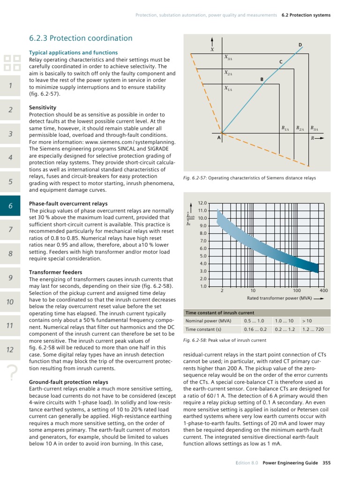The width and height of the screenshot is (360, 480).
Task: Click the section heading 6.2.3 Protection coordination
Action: click(x=81, y=38)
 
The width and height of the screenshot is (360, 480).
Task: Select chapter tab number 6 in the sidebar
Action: click(x=10, y=205)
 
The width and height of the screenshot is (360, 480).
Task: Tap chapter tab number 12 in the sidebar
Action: click(x=10, y=350)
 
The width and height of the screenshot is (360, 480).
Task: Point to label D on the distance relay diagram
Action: click(x=300, y=45)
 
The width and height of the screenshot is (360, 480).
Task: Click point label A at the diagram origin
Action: click(x=218, y=138)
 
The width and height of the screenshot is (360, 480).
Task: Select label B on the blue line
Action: click(x=262, y=80)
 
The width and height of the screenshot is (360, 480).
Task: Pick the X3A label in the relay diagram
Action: click(x=228, y=58)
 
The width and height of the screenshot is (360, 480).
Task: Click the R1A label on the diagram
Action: click(x=285, y=127)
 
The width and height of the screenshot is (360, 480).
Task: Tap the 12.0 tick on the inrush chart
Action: click(x=202, y=203)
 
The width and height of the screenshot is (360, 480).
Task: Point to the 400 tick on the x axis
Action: click(x=323, y=291)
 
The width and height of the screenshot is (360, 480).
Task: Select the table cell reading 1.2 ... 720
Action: click(x=314, y=330)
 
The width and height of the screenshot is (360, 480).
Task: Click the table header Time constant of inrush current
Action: click(x=220, y=313)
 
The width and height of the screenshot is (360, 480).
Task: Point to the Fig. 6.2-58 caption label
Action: click(x=195, y=340)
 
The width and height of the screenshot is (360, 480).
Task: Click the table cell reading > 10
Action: click(x=307, y=321)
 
